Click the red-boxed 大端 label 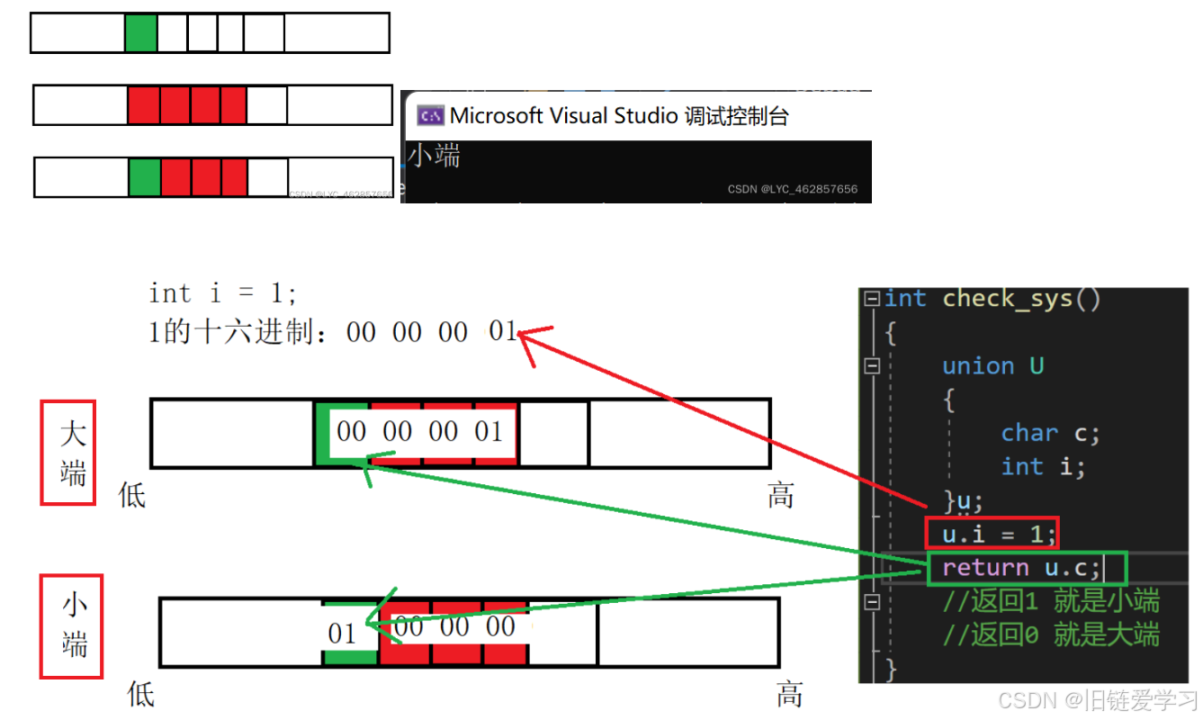coord(68,453)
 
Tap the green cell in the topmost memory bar coord(141,33)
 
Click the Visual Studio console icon coord(431,116)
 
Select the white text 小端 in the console coord(435,156)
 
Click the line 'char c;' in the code coord(1050,433)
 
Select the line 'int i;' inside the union coord(1043,467)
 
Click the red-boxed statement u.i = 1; coord(992,534)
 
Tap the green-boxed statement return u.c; coord(1021,568)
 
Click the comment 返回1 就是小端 coord(1051,601)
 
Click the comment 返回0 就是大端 coord(1051,635)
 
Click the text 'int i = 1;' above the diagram coord(222,293)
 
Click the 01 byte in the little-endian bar coord(342,634)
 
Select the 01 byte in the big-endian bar coord(489,432)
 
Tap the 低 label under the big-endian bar coord(132,494)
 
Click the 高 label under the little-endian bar coord(789,694)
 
